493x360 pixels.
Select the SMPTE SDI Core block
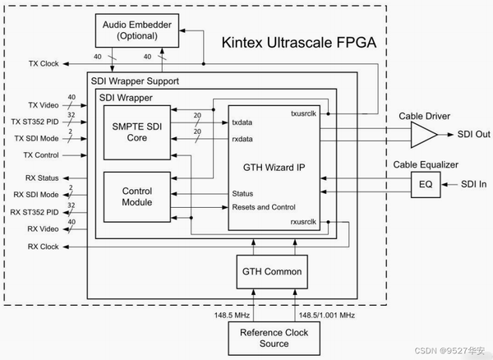point(136,132)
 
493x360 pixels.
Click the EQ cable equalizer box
point(424,184)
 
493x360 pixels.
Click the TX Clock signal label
point(44,63)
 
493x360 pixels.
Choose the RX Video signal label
point(44,228)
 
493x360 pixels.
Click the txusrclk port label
point(306,113)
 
